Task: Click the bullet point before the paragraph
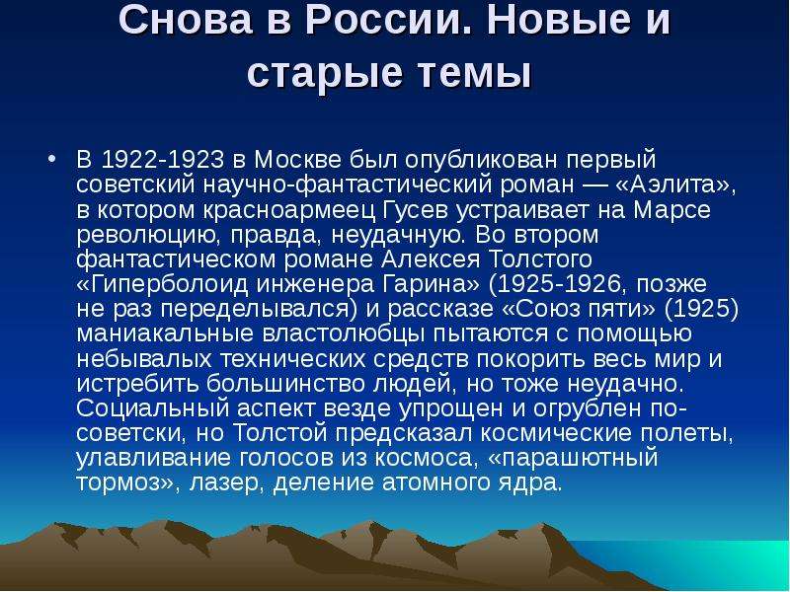51,159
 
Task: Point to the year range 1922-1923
162,160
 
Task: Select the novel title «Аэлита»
676,185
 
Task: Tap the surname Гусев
415,209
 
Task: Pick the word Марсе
671,209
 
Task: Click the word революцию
149,235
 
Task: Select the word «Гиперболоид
162,284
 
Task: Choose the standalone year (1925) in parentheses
701,309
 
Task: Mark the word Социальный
153,408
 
